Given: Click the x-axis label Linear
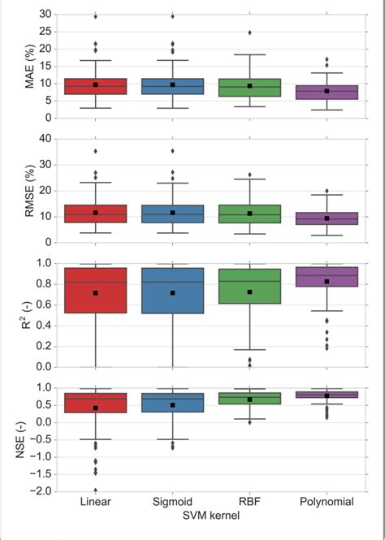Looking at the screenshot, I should click(96, 502).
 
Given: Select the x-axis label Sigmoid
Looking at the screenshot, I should click(172, 502).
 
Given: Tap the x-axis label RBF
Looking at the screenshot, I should click(249, 502).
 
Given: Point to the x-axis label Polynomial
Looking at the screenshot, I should click(326, 502).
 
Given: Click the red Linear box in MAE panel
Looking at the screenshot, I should click(96, 86).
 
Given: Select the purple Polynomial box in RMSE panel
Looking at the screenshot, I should click(326, 218).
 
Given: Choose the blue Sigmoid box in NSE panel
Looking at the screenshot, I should click(172, 403).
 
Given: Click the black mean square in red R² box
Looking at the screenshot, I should click(96, 292).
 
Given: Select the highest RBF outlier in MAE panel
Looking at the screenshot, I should click(249, 32).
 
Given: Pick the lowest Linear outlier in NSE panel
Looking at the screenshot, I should click(96, 490).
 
